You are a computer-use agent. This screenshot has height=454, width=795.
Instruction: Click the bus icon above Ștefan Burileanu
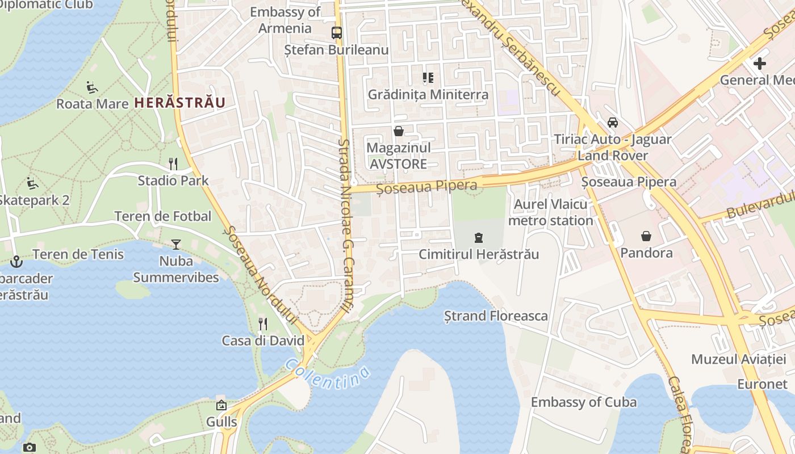click(x=337, y=33)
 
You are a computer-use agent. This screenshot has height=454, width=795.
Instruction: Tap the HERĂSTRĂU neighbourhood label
click(x=179, y=103)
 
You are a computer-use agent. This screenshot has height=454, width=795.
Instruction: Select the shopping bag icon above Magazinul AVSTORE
click(x=399, y=131)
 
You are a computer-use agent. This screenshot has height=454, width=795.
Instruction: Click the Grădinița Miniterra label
click(x=428, y=94)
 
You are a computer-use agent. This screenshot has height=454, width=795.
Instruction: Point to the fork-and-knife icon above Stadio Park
click(x=173, y=164)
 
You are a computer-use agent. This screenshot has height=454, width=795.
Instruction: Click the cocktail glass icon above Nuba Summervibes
click(x=176, y=245)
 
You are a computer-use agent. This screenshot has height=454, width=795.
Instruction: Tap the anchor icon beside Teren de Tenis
click(x=16, y=262)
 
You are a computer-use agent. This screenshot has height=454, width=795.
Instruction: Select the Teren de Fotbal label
click(x=162, y=216)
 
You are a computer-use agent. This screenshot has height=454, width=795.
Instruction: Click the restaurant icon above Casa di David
click(x=262, y=324)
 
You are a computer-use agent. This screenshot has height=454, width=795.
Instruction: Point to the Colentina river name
click(x=328, y=374)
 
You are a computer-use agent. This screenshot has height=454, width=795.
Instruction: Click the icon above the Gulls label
click(x=221, y=405)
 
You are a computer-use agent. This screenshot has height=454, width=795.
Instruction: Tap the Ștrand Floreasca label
click(x=496, y=316)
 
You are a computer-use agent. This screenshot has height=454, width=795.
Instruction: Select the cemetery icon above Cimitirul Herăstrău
click(x=478, y=238)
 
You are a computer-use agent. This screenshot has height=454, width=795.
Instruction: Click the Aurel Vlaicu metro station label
click(x=550, y=212)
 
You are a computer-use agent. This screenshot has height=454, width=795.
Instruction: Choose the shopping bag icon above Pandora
click(x=646, y=236)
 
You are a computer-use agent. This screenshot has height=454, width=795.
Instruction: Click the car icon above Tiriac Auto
click(x=613, y=123)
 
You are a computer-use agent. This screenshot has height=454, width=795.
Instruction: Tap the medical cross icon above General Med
click(x=759, y=64)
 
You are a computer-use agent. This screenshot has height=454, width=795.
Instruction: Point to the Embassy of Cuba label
click(x=584, y=402)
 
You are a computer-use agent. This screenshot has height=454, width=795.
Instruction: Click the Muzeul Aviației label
click(x=738, y=359)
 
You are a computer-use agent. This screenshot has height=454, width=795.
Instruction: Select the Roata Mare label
click(x=92, y=104)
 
